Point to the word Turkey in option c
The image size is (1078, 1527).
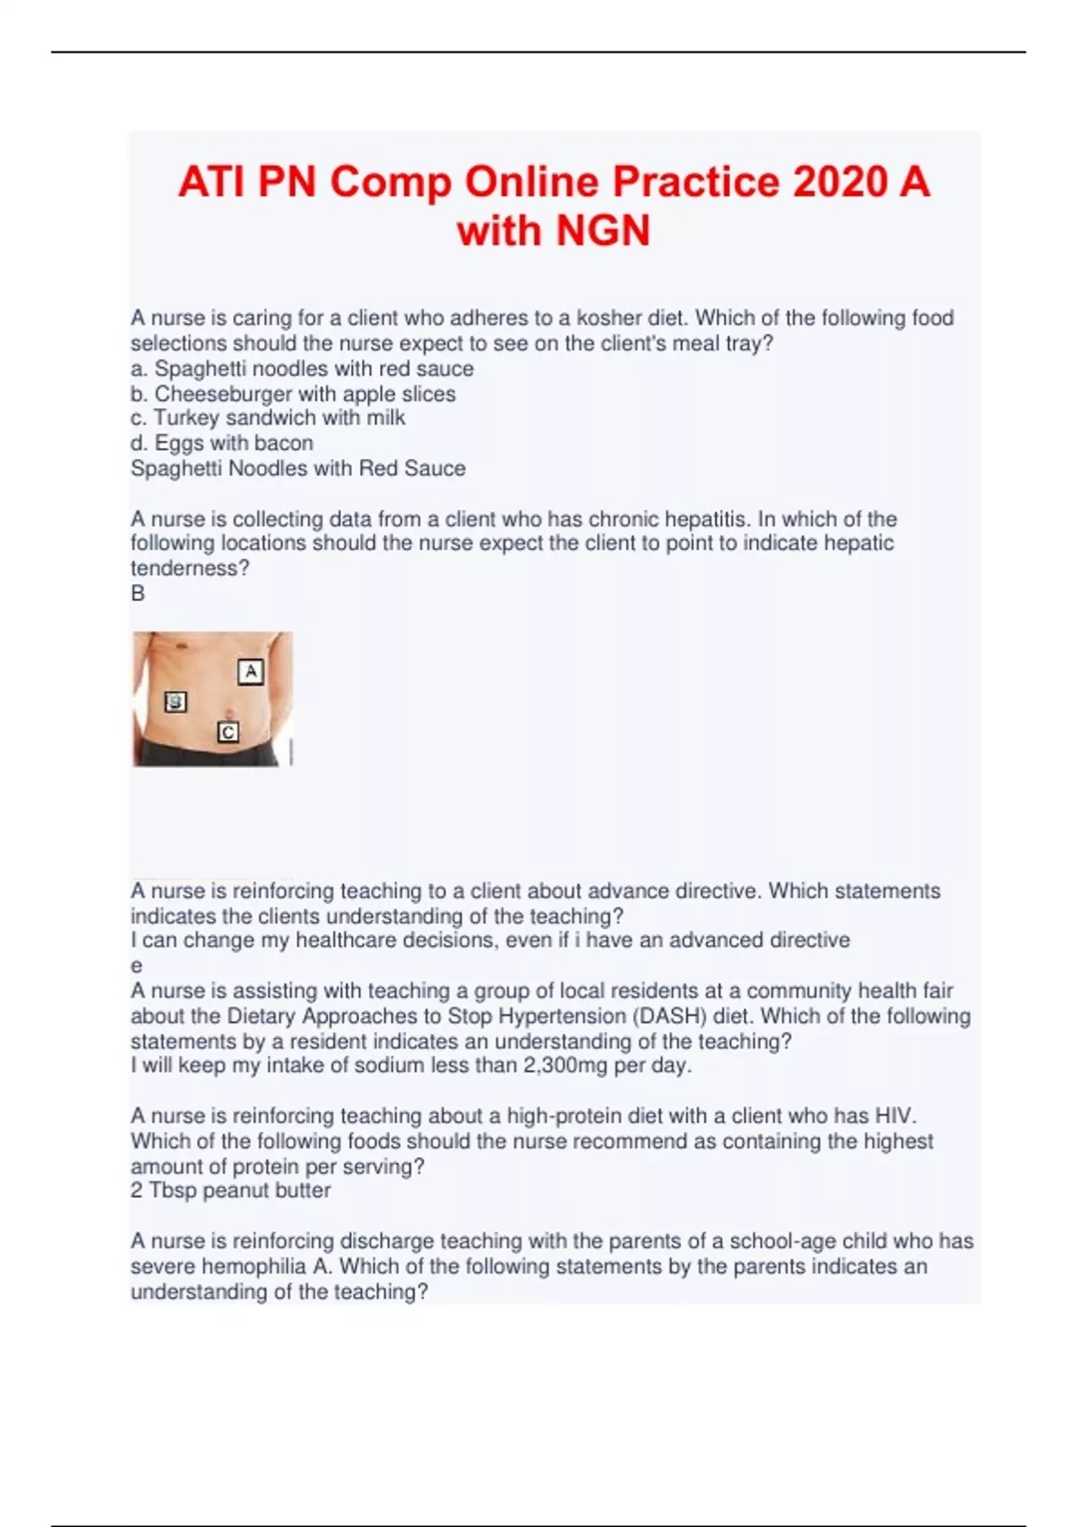click(x=186, y=418)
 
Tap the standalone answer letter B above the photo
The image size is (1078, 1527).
click(x=137, y=593)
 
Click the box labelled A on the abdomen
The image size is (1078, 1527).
click(x=251, y=671)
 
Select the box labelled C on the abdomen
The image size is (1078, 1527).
click(x=228, y=733)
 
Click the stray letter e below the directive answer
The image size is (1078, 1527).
click(x=137, y=967)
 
